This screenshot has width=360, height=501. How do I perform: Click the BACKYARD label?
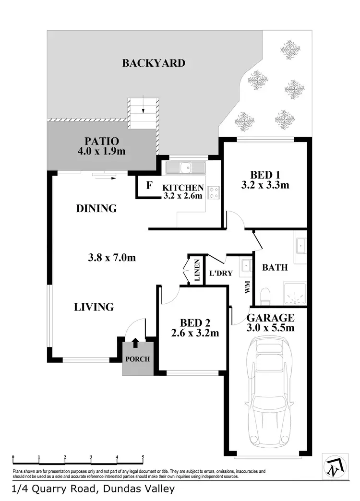153,63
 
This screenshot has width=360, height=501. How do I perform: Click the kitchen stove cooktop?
214,192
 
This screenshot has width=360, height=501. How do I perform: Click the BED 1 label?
265,175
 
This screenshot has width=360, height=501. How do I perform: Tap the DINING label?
96,208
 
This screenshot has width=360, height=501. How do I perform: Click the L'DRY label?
221,274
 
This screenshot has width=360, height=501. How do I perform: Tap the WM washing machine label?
247,288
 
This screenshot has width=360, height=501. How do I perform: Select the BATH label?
275,267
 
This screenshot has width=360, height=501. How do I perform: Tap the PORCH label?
138,359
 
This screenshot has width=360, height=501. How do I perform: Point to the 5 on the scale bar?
143,457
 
